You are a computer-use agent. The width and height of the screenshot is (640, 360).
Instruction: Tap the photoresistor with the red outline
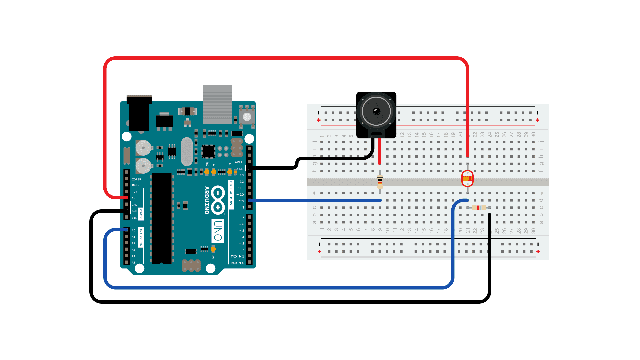467,179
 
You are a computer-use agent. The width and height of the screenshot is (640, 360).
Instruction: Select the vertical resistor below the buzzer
380,182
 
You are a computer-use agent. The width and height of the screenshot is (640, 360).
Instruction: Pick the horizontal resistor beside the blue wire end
479,208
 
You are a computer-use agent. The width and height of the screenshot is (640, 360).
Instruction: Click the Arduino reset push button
247,117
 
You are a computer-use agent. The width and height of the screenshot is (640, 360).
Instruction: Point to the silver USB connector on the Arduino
217,104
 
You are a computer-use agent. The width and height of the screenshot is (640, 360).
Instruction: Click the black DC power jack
139,113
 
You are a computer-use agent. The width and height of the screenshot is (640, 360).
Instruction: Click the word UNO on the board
218,231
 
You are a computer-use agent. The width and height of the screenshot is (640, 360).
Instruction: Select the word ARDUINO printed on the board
207,200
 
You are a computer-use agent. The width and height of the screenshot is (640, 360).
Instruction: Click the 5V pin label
134,198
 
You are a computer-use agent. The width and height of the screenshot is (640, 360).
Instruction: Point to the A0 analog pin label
133,230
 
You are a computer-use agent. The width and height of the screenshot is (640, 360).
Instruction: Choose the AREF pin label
239,162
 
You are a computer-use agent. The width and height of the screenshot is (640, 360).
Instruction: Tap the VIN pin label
134,218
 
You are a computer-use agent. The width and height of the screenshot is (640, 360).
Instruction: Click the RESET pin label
136,185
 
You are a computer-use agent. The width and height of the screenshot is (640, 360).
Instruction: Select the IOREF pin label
136,179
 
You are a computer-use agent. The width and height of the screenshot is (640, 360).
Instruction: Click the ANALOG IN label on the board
141,237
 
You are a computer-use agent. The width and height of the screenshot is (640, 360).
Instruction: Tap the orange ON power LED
213,249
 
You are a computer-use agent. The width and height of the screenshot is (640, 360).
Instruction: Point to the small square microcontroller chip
208,152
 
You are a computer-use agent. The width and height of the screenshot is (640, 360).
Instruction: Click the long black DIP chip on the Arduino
162,218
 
